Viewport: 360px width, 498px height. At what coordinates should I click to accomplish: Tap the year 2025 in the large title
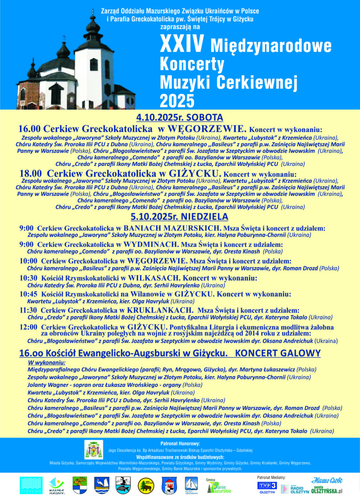(177, 100)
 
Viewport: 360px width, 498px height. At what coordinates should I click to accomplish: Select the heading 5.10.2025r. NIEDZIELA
(179, 216)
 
